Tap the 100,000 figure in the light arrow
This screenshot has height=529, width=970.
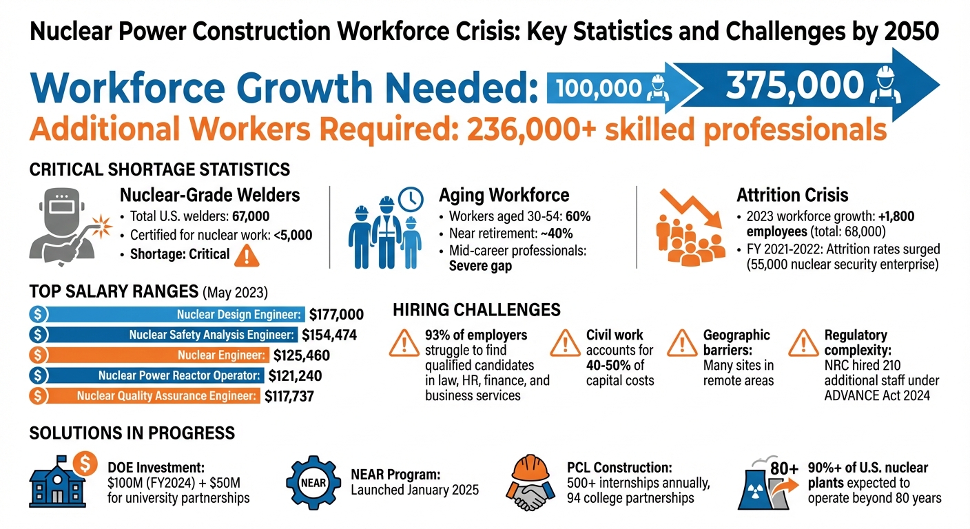598,87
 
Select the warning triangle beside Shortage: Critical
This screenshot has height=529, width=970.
246,255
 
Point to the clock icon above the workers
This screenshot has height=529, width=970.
411,198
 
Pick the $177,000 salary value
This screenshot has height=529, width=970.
336,315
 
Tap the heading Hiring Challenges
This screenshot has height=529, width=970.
476,310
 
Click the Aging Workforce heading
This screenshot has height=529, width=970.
504,196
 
